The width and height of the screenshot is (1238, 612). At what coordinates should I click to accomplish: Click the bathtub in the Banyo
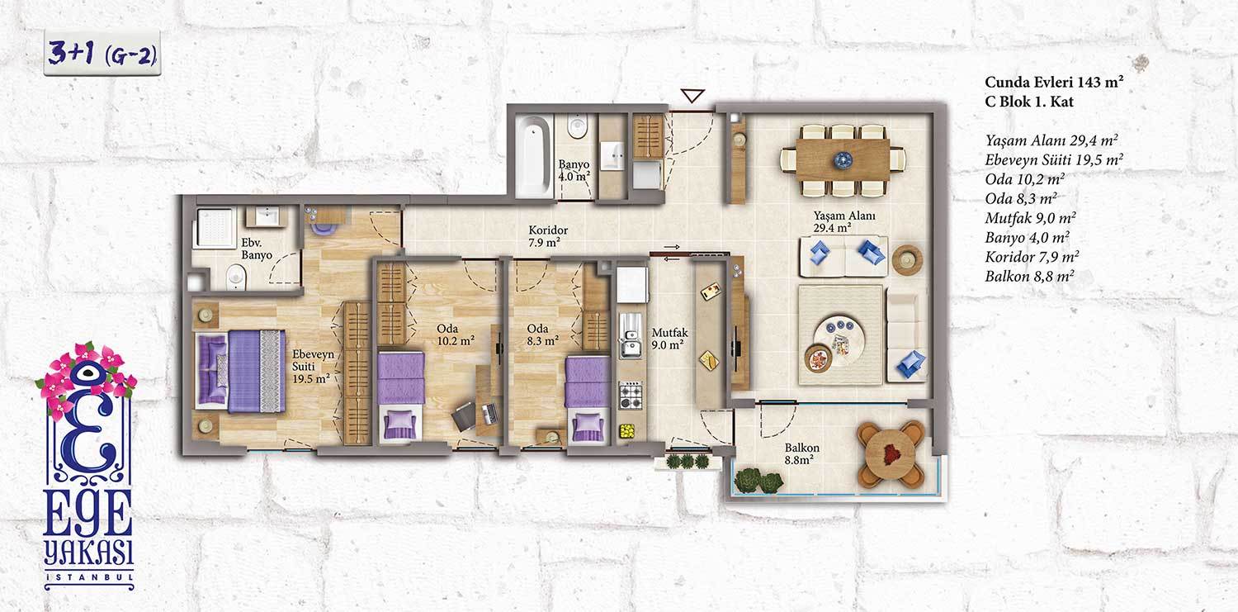pos(534,156)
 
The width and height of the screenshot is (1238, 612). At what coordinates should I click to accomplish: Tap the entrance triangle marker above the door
pos(692,96)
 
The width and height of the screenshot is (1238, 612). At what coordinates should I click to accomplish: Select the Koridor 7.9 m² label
pos(547,236)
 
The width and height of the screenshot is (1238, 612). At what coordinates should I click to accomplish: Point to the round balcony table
pos(891,455)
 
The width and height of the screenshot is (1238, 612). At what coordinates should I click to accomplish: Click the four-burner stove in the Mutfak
pos(631,395)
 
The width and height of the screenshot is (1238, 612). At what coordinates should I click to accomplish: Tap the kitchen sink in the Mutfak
pos(631,335)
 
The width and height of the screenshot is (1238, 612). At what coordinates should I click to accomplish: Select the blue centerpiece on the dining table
pos(843,160)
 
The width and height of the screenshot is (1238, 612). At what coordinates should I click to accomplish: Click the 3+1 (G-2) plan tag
pos(102,53)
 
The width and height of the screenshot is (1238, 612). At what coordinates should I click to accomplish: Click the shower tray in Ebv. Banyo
pos(216,227)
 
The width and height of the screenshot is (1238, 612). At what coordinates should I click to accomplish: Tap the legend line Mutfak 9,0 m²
pos(1030,218)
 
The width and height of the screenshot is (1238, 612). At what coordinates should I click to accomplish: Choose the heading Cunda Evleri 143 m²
pos(1054,82)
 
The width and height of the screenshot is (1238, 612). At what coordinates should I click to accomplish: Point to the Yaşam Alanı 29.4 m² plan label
pos(843,221)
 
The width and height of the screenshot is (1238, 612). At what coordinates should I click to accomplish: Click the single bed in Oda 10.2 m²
pos(400,396)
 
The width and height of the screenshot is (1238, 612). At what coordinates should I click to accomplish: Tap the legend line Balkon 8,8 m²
pos(1029,276)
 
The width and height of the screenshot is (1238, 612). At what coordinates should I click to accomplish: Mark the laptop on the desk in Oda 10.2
pos(489,413)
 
